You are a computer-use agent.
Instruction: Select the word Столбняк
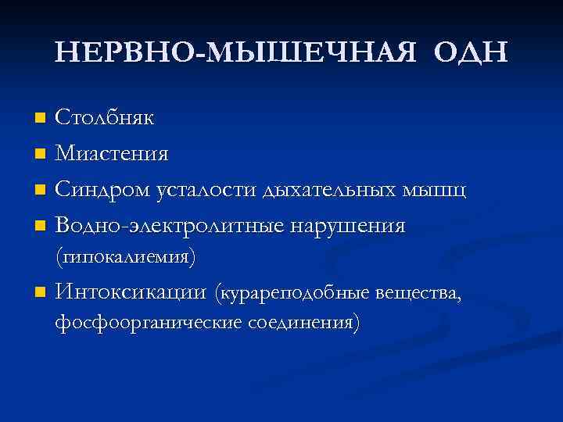pos(104,118)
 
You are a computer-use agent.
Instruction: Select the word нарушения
pos(348,226)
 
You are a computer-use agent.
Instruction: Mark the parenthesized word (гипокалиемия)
pos(125,256)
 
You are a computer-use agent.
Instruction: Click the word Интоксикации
pos(131,293)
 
